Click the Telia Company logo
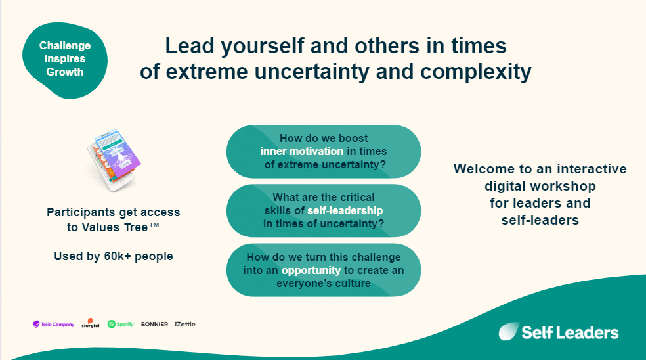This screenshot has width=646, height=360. [x=54, y=324]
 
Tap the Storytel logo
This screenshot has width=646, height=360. [x=90, y=323]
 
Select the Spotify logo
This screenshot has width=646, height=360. [x=121, y=324]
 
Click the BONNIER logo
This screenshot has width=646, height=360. [x=154, y=324]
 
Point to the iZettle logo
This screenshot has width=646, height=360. [x=185, y=324]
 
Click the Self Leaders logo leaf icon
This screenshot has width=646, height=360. [x=509, y=331]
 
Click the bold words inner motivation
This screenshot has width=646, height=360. [x=301, y=151]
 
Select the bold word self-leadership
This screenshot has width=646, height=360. [x=345, y=210]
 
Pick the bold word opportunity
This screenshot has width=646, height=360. [x=311, y=271]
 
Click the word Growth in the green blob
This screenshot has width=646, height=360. [x=65, y=72]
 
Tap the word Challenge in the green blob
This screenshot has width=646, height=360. [x=65, y=45]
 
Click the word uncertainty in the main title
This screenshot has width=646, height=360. [x=311, y=72]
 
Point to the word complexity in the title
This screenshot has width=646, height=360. [x=476, y=72]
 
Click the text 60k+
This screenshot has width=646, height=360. [x=118, y=256]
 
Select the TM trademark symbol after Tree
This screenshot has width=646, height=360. [x=154, y=225]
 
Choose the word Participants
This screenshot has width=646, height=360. [x=81, y=212]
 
